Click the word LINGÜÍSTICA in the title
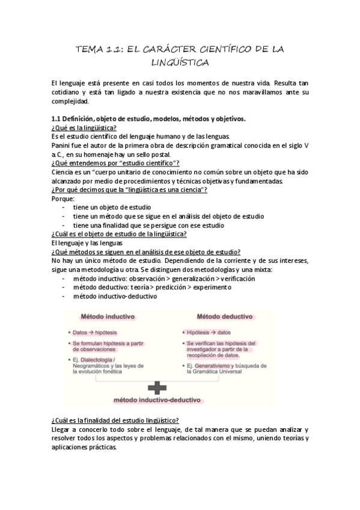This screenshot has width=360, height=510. click(x=180, y=62)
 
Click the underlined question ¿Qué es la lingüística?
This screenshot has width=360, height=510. click(x=84, y=127)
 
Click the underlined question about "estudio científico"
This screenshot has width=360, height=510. click(x=115, y=163)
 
